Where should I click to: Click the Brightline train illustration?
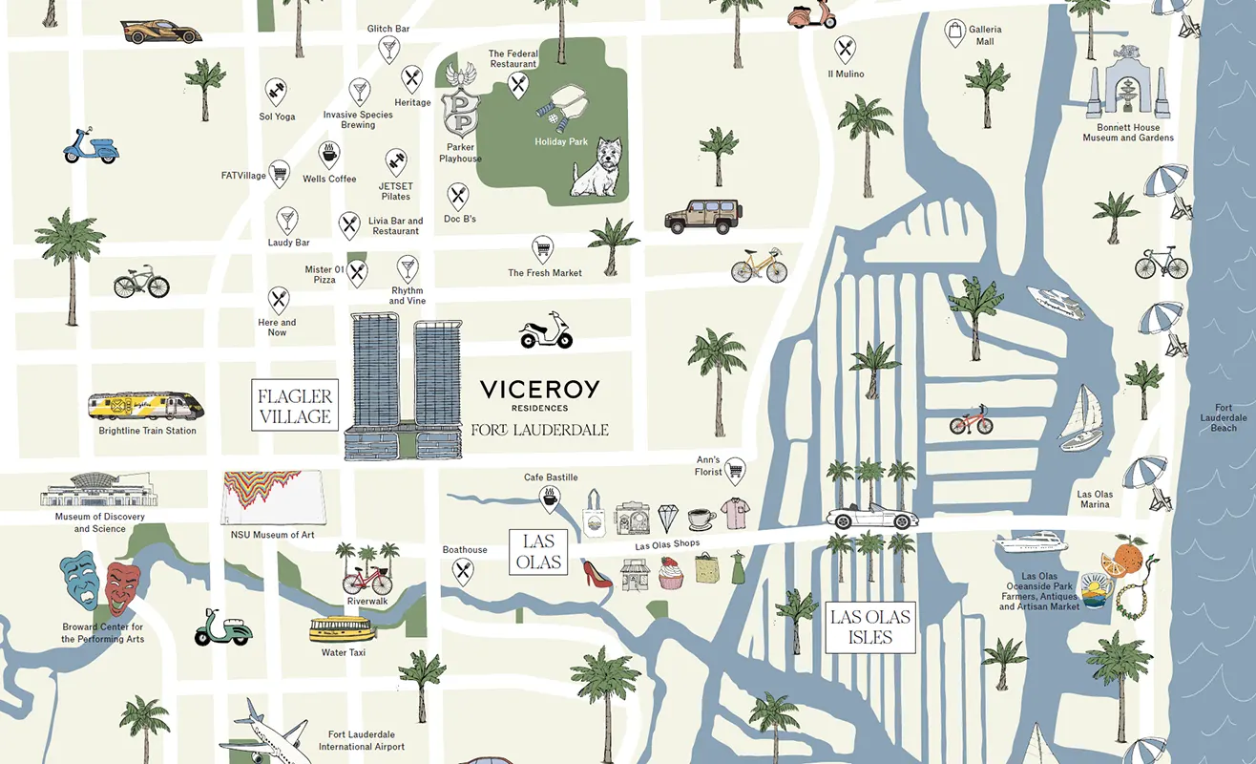tap(146, 407)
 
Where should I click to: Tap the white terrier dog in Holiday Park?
tap(597, 169)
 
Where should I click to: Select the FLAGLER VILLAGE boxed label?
tap(295, 406)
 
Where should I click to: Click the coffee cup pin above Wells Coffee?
tap(329, 154)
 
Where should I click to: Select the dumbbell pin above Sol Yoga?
tap(277, 93)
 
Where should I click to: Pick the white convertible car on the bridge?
tap(870, 519)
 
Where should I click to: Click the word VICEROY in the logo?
tap(539, 389)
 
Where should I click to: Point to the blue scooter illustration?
tap(90, 145)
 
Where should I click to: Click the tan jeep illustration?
tap(701, 217)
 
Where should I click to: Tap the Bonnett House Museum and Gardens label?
tap(1127, 133)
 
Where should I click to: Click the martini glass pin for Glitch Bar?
tap(388, 49)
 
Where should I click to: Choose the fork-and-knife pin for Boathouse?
tap(463, 571)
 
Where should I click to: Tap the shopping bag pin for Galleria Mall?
tap(954, 33)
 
